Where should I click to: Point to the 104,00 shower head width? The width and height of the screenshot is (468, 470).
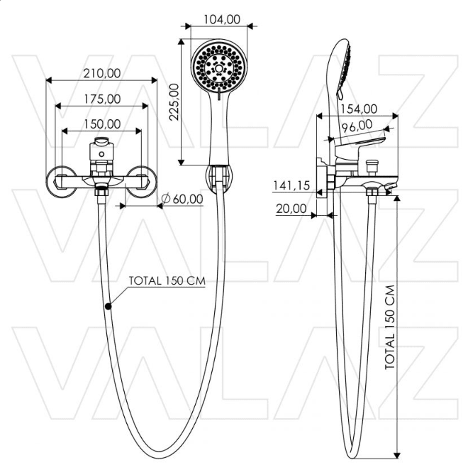pos(220,19)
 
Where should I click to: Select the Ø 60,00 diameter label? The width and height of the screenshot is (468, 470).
pos(182,198)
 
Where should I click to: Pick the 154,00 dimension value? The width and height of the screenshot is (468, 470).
pos(358,109)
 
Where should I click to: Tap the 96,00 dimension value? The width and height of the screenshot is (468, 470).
pos(357,126)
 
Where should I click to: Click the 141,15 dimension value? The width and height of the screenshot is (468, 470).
pos(292,185)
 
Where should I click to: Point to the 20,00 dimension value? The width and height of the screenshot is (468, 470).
pos(291,209)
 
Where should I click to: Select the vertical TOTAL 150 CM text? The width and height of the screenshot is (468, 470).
pos(390,327)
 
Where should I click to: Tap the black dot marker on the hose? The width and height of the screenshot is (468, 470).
pos(108,307)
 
